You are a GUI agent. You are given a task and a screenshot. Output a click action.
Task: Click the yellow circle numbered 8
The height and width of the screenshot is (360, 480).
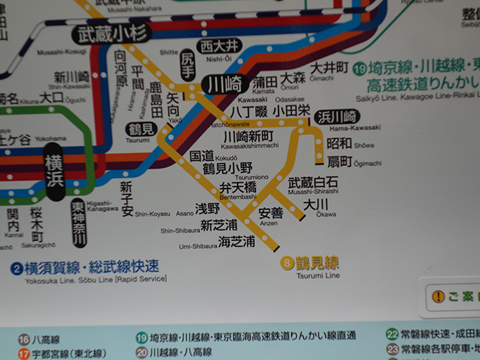[x=286, y=263]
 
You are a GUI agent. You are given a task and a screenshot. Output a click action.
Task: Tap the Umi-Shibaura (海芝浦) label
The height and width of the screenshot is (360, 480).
[x=236, y=242]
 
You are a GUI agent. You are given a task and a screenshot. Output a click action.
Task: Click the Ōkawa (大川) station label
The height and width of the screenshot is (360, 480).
[x=315, y=204]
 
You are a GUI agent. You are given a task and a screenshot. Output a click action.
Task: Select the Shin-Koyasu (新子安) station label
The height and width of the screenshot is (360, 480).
[x=126, y=198]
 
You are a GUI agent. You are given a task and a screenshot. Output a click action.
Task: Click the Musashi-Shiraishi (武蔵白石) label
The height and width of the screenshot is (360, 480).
[x=313, y=182]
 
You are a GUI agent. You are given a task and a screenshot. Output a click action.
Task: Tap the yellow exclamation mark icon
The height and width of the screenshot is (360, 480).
[x=438, y=297]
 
